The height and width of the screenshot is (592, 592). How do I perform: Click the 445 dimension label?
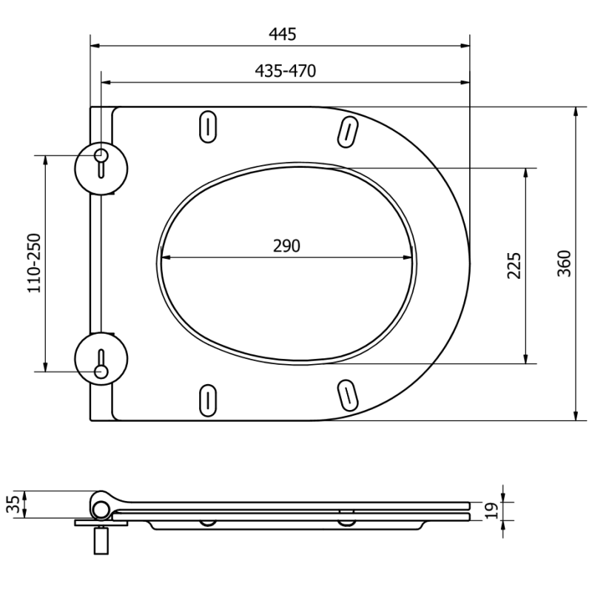point(283,33)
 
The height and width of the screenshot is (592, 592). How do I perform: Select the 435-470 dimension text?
point(285,71)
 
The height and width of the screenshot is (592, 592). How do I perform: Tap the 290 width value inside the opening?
point(286,246)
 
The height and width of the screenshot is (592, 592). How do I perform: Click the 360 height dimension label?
point(564,263)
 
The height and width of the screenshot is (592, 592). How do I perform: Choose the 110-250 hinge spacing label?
point(34,263)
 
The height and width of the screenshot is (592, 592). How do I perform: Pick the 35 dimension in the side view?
point(13,505)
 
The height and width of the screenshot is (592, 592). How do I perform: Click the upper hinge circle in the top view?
point(101,165)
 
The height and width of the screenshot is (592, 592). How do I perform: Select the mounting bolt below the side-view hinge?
point(100,540)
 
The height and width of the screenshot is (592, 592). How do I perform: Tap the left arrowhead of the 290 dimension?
point(164,258)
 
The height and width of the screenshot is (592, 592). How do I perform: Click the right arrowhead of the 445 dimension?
point(466,46)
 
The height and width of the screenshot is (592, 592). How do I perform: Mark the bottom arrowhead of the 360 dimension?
point(576,416)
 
